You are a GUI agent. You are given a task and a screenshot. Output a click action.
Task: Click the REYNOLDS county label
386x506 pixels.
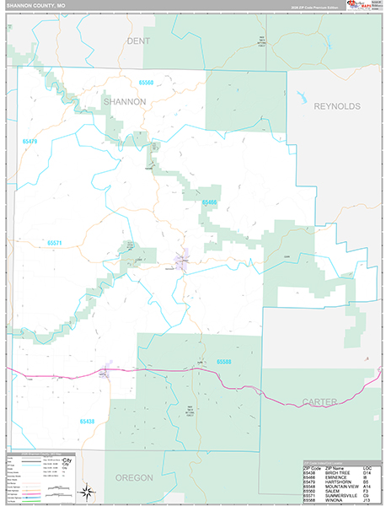click(336, 106)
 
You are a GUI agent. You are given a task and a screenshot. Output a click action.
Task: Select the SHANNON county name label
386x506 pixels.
click(125, 101)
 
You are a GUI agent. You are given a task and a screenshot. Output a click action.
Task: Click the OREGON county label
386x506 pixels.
click(134, 477)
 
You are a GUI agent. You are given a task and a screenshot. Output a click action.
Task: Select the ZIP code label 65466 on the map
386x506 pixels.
click(209, 202)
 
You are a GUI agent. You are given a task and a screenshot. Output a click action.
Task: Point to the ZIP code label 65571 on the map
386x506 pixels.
click(55, 243)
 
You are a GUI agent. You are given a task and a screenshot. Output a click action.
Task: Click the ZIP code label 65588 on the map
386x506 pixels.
click(223, 362)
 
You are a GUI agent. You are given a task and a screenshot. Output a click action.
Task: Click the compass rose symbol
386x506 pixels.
click(87, 491)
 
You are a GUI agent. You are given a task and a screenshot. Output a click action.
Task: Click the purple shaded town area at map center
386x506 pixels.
click(181, 261)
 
